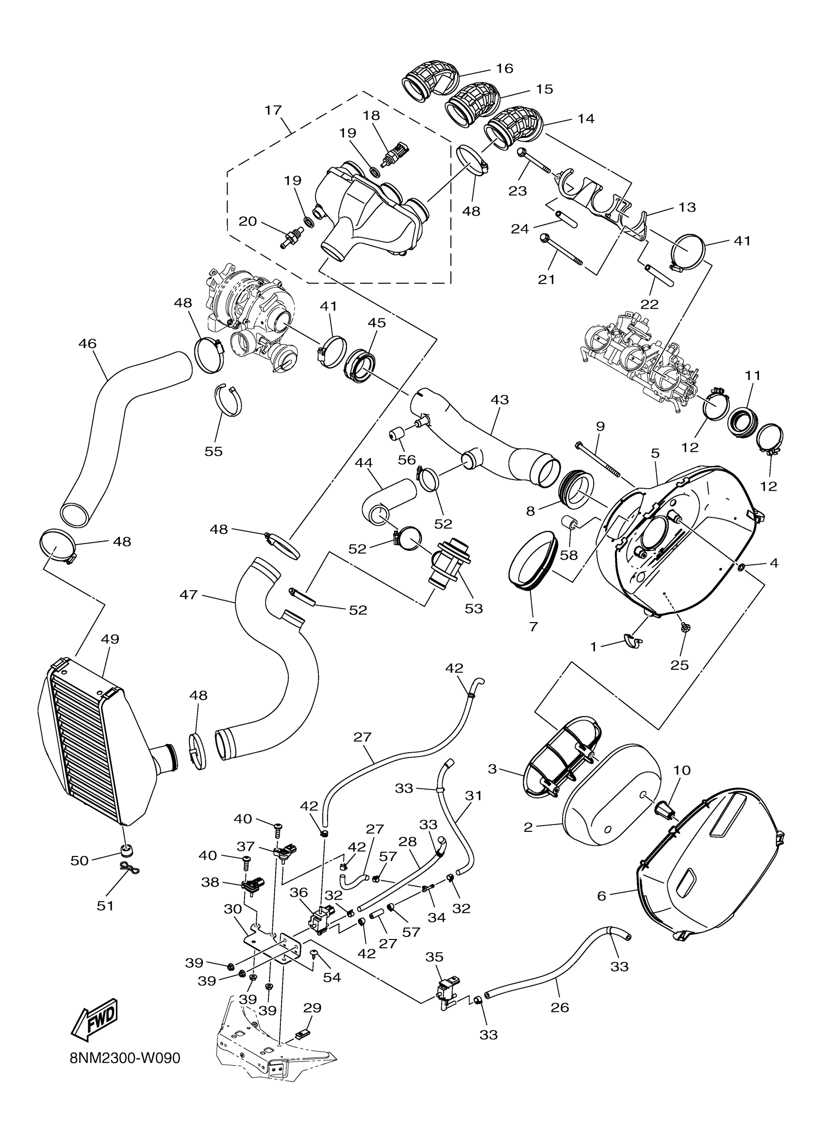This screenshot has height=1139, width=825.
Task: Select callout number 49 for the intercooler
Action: click(110, 639)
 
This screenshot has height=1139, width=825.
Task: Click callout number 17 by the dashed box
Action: click(273, 110)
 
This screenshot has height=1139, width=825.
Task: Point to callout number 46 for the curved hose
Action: click(87, 344)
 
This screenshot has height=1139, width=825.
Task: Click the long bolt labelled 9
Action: click(598, 460)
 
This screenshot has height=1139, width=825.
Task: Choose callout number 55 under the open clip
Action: click(214, 451)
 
